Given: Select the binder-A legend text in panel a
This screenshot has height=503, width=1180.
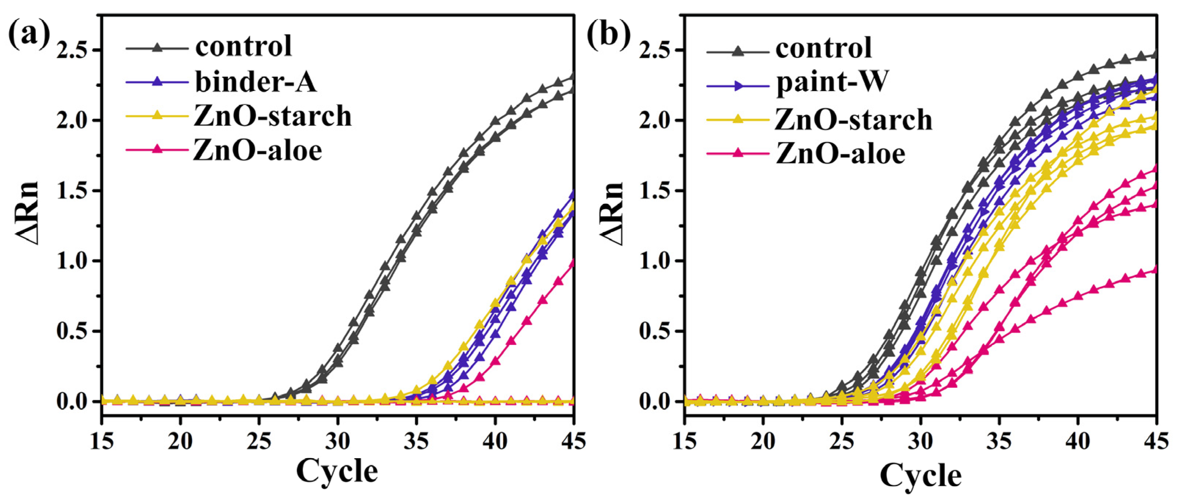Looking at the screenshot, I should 256,83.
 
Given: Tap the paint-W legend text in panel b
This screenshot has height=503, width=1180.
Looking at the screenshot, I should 832,83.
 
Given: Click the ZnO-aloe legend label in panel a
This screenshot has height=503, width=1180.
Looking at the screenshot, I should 257,150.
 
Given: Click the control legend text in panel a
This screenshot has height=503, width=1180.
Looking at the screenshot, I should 243,46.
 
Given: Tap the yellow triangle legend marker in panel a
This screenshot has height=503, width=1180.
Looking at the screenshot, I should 157,116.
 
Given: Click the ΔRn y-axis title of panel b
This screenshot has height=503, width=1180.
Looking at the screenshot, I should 613,214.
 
